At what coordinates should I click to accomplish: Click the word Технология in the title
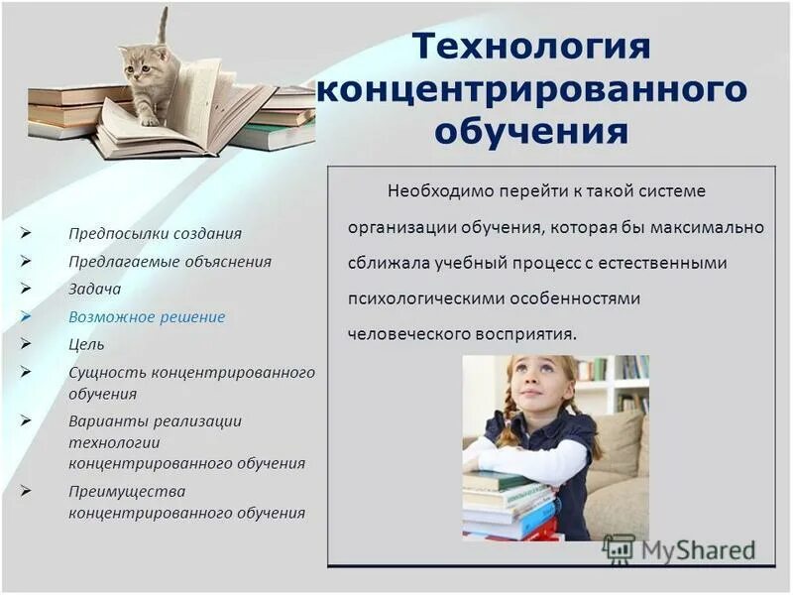(x=530, y=47)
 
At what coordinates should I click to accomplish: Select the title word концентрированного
(x=530, y=89)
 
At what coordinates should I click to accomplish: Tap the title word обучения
(x=530, y=131)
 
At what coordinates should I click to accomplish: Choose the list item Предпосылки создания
(x=155, y=233)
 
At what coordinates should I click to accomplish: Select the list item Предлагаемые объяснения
(x=170, y=262)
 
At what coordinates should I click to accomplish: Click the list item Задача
(x=94, y=290)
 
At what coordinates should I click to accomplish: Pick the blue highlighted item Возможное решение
(x=147, y=317)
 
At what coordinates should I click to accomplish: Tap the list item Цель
(x=86, y=345)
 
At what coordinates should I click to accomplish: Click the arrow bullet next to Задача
(x=27, y=290)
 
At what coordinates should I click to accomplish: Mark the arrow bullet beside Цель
(x=27, y=345)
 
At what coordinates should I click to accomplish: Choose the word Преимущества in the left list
(x=127, y=491)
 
